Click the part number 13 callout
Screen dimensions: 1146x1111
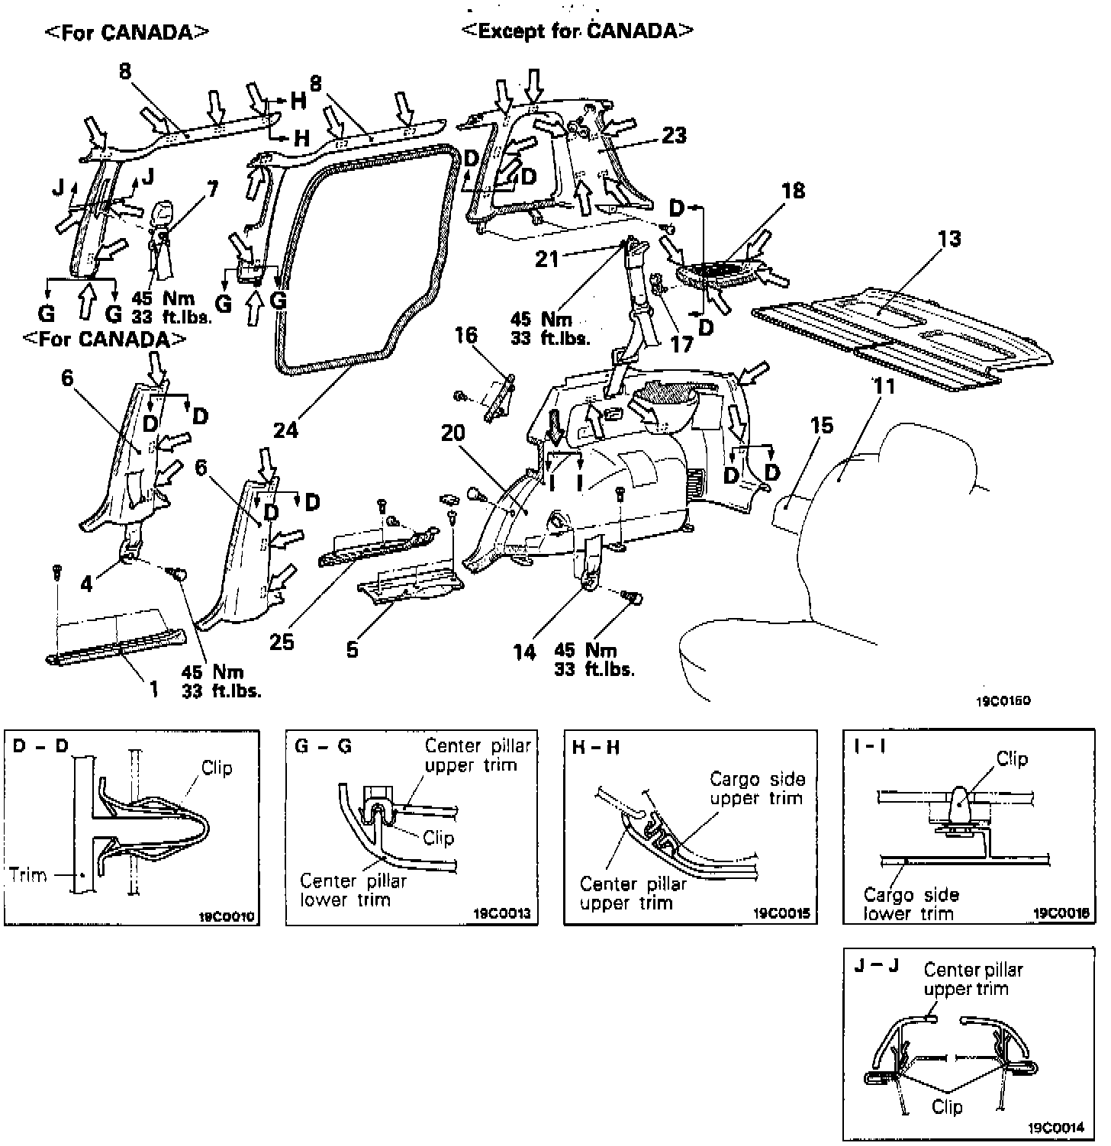[949, 240]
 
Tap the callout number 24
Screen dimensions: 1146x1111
[287, 429]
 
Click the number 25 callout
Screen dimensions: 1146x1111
[282, 641]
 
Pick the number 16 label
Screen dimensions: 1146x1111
[465, 335]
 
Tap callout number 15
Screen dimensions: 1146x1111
[822, 425]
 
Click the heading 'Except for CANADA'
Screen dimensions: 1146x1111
[578, 31]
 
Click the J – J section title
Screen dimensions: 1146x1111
[878, 965]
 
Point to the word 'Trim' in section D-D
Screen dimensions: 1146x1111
[28, 874]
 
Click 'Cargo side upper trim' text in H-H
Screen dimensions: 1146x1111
[757, 789]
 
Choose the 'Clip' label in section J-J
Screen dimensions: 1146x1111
[947, 1106]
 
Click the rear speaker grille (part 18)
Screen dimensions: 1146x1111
[721, 273]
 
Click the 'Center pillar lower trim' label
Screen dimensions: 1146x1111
[353, 890]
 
